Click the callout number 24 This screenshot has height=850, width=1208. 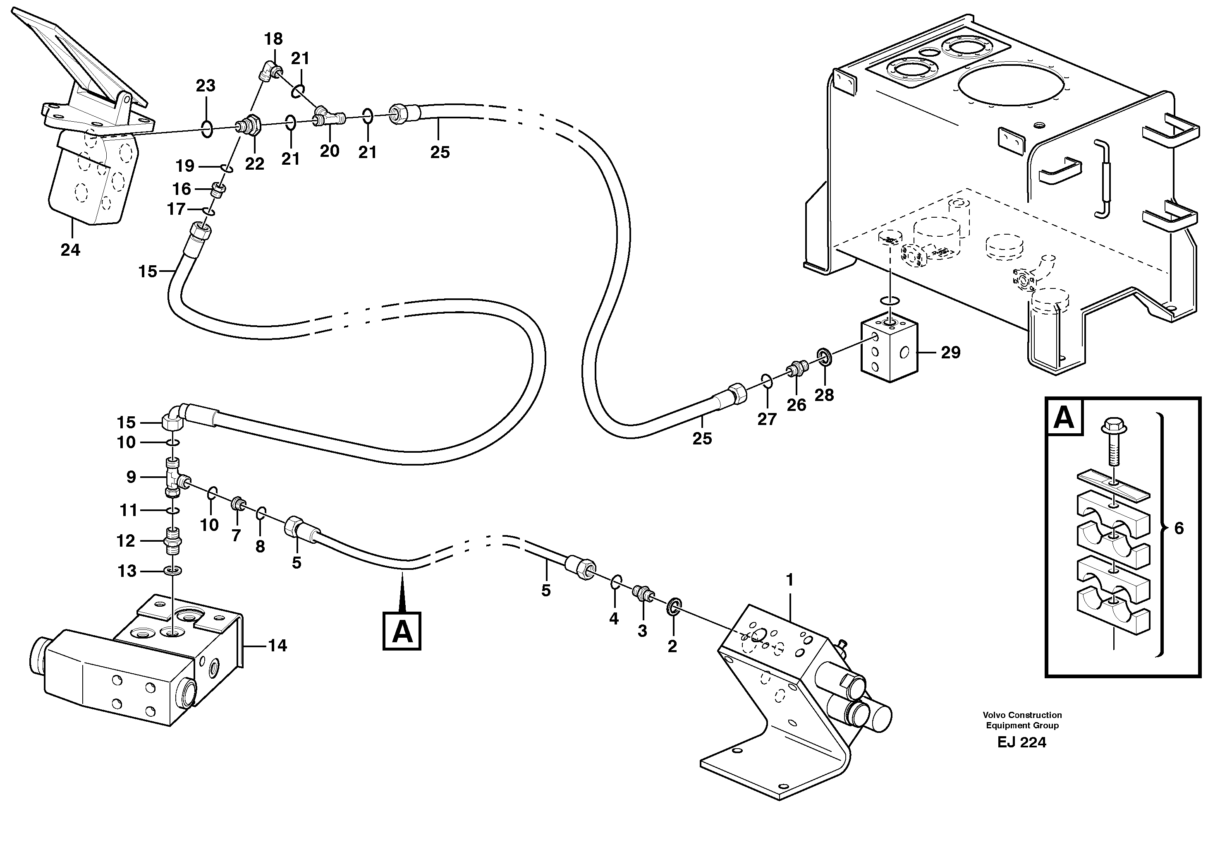pyautogui.click(x=70, y=250)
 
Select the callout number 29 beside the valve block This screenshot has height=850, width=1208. pyautogui.click(x=950, y=352)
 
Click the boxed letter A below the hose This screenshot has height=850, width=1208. pyautogui.click(x=402, y=631)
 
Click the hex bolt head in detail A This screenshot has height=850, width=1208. pyautogui.click(x=1110, y=425)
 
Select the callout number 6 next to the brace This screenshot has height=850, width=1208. pyautogui.click(x=1179, y=528)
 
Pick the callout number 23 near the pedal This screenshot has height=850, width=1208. pyautogui.click(x=205, y=86)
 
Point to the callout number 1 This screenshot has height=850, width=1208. pyautogui.click(x=789, y=580)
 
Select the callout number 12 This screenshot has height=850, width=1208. pyautogui.click(x=126, y=540)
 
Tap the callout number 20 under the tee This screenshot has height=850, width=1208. pyautogui.click(x=330, y=151)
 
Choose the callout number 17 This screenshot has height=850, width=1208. pyautogui.click(x=176, y=209)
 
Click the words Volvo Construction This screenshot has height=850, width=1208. pyautogui.click(x=1022, y=715)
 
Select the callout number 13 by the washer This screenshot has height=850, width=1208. pyautogui.click(x=127, y=571)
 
